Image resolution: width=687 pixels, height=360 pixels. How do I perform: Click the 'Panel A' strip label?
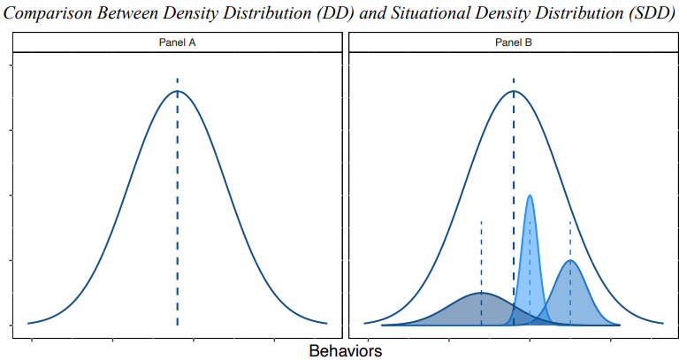(x=177, y=42)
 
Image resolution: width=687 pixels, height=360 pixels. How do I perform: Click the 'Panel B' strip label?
(x=514, y=42)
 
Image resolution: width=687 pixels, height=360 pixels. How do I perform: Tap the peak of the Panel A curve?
(x=177, y=91)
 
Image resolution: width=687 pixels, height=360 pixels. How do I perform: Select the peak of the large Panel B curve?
(x=514, y=91)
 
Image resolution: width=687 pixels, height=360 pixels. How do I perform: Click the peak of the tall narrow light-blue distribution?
(x=530, y=195)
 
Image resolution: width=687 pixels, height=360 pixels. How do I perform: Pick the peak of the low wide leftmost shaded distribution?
(x=481, y=292)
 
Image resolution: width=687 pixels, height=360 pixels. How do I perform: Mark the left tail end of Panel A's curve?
(x=29, y=323)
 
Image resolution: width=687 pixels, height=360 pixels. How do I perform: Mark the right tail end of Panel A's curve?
(x=326, y=323)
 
